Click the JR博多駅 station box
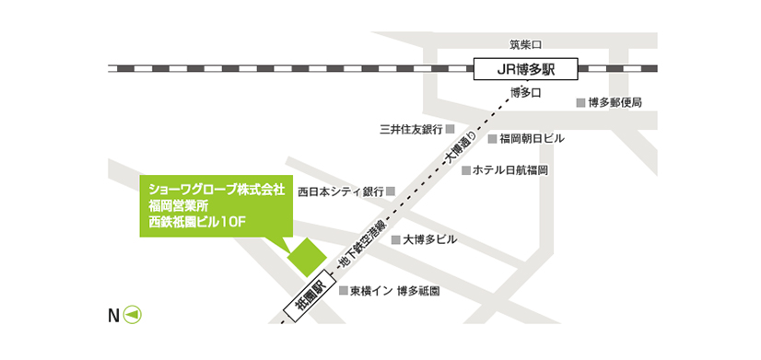click(525, 68)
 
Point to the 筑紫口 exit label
click(528, 43)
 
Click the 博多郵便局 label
click(615, 102)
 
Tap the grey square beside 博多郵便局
click(580, 102)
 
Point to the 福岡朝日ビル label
click(532, 138)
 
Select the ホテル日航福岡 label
click(511, 170)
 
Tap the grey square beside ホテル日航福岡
click(466, 170)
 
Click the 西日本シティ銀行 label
click(340, 192)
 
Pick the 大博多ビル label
click(429, 239)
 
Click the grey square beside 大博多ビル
click(396, 239)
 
